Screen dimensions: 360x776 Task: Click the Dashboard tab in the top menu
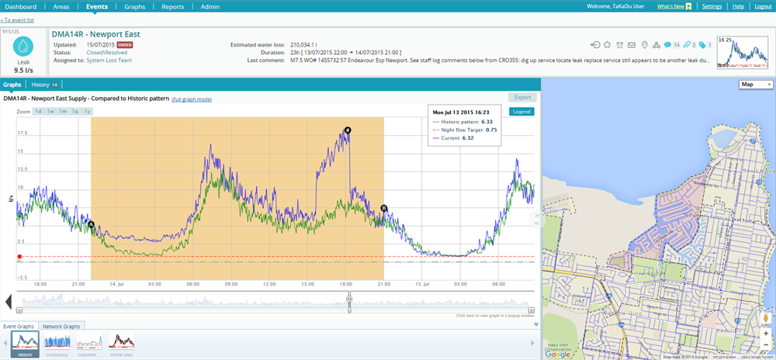point(21,6)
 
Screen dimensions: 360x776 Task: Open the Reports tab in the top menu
point(172,6)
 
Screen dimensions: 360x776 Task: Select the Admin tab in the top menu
point(210,6)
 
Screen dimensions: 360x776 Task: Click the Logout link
point(763,6)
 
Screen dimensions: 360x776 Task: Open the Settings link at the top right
point(712,6)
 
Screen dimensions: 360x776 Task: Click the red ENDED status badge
point(125,45)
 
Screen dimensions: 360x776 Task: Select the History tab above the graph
point(45,84)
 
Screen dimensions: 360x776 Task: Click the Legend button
point(521,112)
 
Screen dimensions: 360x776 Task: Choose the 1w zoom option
point(50,112)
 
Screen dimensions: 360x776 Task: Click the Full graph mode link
point(192,99)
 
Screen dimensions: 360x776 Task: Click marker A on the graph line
point(92,225)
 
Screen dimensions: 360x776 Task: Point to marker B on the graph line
point(384,208)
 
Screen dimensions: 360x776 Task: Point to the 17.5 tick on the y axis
point(22,133)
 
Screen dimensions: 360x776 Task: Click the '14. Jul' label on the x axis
point(116,284)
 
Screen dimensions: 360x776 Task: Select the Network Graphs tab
point(63,326)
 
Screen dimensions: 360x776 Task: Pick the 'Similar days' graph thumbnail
point(121,344)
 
